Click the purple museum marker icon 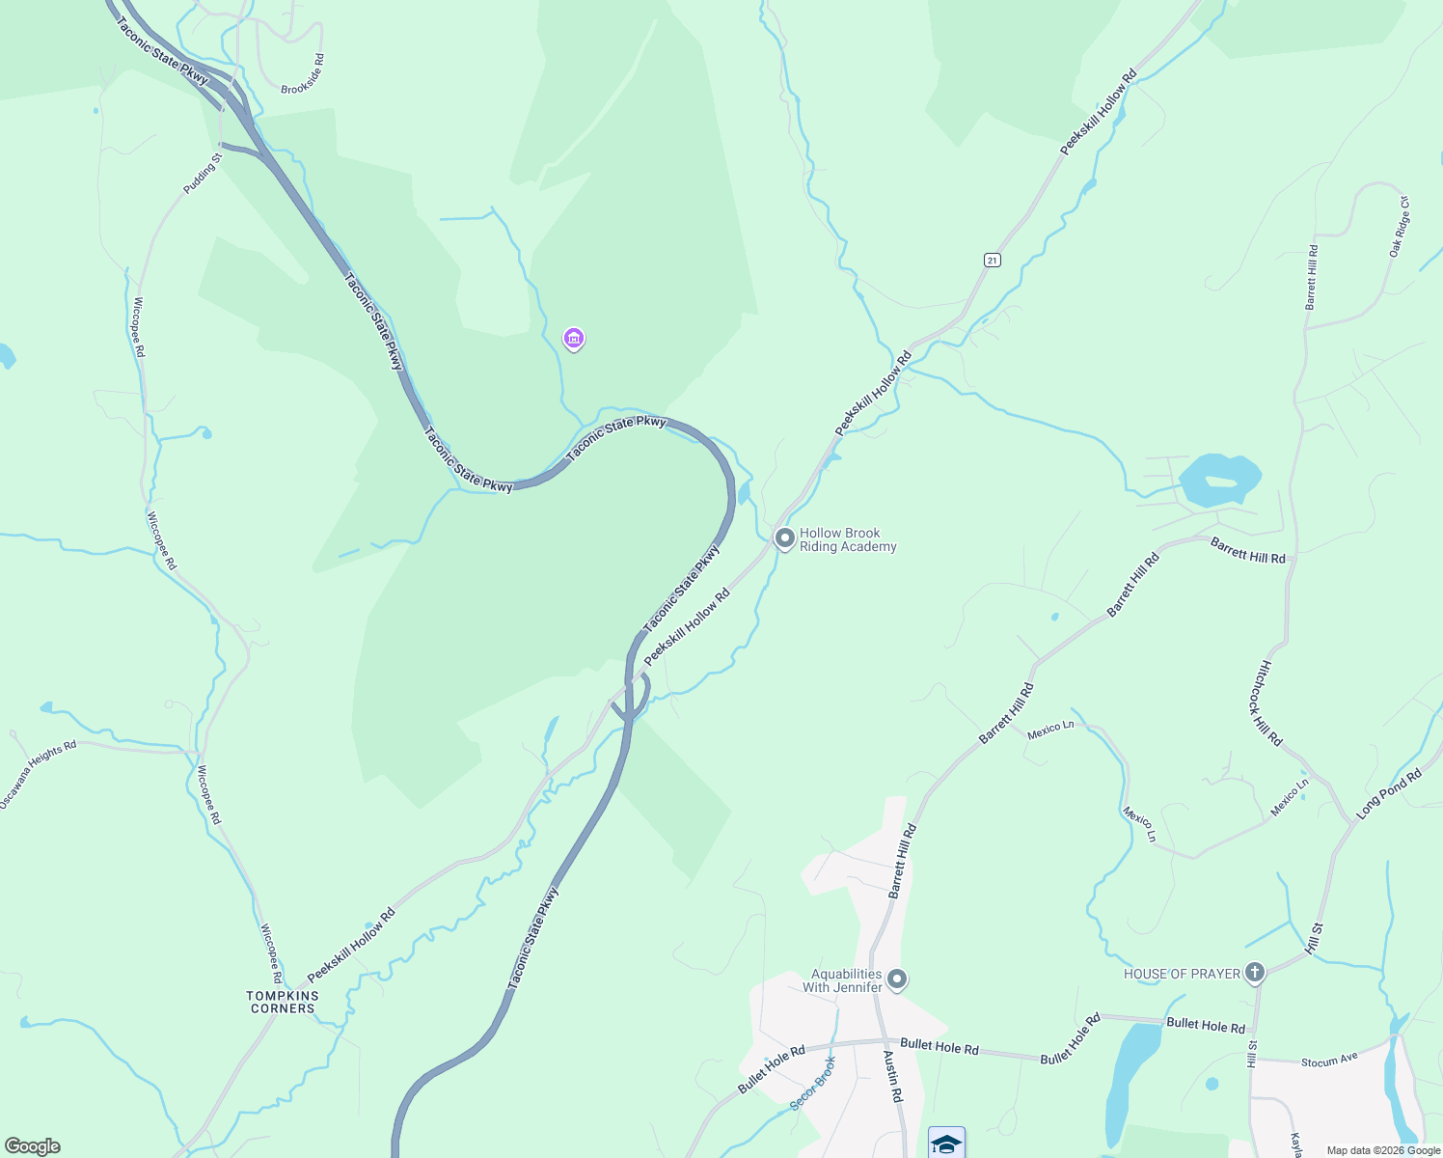574,339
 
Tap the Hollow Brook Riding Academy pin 785,538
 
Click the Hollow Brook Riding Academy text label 848,539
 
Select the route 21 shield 992,261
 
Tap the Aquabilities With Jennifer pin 897,979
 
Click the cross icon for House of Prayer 1254,972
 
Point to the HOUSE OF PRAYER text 1182,974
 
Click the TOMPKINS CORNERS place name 283,1002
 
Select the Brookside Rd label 303,74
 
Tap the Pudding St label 204,172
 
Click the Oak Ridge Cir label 1400,227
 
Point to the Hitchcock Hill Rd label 1271,703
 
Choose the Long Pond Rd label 1389,794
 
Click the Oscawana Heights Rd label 38,775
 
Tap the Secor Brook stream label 813,1083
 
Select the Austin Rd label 893,1076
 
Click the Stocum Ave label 1329,1061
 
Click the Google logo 33,1146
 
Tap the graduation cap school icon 946,1144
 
